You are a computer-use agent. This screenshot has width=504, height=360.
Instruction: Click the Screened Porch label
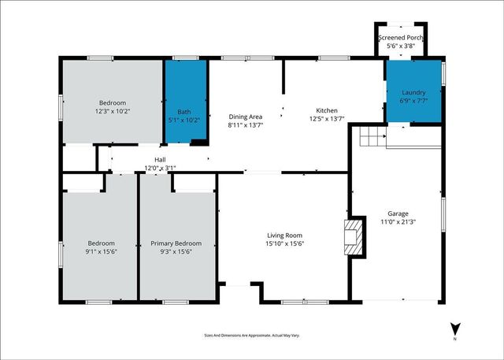(x=402, y=38)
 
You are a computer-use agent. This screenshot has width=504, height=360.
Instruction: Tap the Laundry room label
(x=413, y=92)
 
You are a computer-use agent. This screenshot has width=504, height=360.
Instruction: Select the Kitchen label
(x=327, y=110)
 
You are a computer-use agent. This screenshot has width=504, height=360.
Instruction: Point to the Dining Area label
(x=245, y=116)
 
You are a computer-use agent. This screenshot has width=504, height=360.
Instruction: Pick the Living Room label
(x=283, y=235)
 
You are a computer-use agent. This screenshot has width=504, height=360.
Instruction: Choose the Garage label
(x=398, y=213)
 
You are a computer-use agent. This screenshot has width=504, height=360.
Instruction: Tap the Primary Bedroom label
(x=176, y=243)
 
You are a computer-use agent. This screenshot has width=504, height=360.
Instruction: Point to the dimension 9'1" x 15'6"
(x=102, y=251)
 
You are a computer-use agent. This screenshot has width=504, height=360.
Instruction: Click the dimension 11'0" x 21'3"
(x=398, y=222)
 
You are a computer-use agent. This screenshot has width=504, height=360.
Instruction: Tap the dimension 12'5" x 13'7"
(x=327, y=119)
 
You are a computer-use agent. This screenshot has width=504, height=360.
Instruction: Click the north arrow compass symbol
(x=454, y=329)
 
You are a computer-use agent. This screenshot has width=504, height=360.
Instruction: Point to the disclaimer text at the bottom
(x=252, y=336)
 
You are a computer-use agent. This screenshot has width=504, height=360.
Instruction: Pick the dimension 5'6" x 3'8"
(x=402, y=46)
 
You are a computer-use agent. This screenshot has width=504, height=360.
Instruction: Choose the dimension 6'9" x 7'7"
(x=413, y=101)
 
